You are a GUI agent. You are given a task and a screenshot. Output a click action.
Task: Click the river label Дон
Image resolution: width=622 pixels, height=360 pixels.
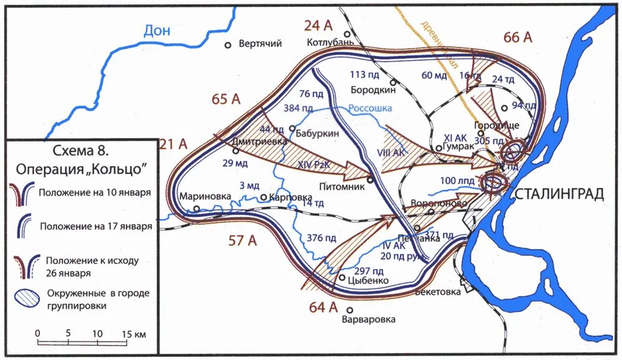tap(156, 30)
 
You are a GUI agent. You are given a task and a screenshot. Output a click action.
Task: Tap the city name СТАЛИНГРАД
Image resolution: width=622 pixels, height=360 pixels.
tap(559, 194)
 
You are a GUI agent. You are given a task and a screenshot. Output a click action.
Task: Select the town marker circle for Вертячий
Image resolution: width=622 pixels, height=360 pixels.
tap(228, 44)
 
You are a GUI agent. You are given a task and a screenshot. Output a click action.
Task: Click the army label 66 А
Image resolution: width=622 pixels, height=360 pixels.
tap(518, 38)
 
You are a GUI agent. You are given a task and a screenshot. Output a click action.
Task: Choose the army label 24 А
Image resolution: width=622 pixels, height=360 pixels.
tap(319, 26)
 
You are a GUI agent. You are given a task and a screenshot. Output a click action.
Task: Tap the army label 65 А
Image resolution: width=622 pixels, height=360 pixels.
tap(226, 99)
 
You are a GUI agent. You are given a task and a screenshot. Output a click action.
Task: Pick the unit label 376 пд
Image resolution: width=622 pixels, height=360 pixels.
tap(322, 237)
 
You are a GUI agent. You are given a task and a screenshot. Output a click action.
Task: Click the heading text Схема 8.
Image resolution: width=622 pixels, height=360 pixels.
tap(80, 151)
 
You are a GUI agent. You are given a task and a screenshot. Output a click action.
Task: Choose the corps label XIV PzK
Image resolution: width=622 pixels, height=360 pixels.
tap(314, 164)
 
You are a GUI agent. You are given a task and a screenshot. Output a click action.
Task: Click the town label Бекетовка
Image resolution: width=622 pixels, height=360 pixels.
tap(439, 291)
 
